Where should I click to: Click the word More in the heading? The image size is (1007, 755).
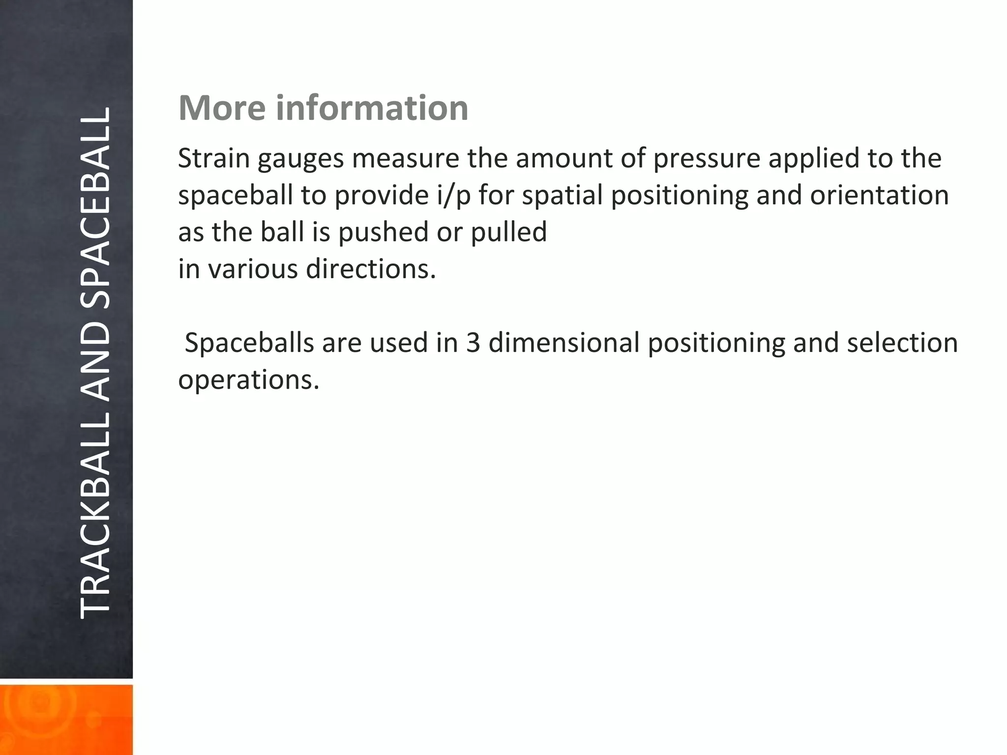point(222,108)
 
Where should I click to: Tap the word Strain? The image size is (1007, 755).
point(214,159)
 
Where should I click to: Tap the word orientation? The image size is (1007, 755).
point(879,196)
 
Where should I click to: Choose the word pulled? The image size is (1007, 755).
point(509,232)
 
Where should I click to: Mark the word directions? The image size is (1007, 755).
point(371,269)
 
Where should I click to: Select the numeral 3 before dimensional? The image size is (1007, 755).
point(473,343)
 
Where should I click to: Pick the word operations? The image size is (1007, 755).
point(248,380)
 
